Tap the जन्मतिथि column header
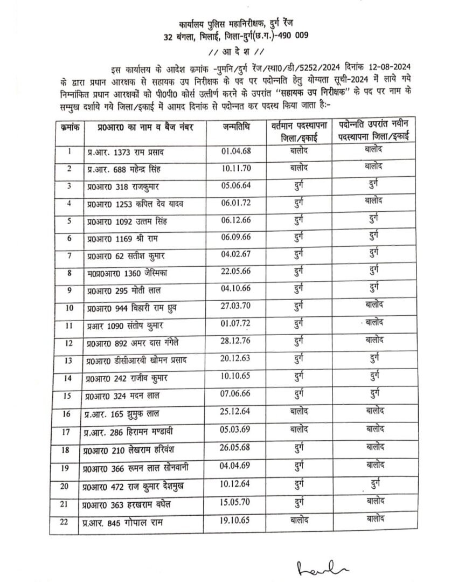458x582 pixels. tap(237, 127)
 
